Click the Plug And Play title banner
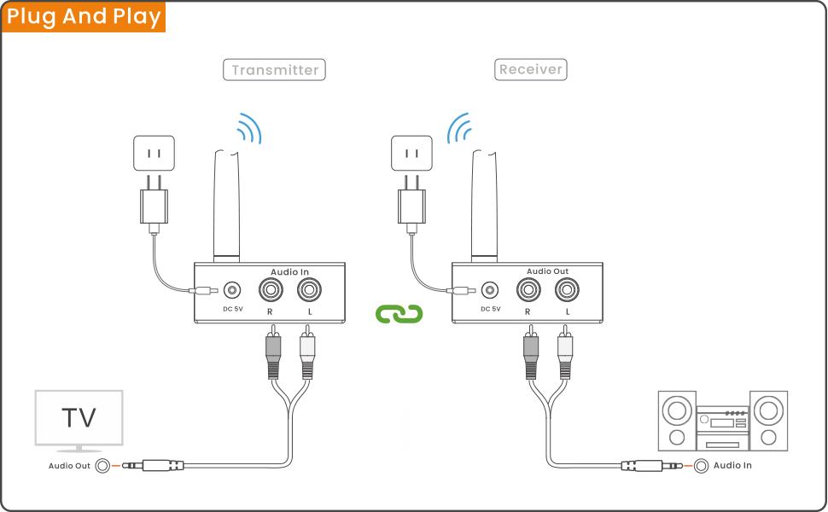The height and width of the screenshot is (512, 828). pos(83,17)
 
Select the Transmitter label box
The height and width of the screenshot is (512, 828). pos(275,70)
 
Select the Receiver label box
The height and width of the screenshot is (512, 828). pos(531,69)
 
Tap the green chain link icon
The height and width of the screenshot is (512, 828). pos(399,314)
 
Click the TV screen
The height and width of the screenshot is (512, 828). pos(79,418)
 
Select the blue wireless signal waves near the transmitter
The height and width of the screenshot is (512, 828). pos(248,128)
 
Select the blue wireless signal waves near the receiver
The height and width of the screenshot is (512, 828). pos(461,128)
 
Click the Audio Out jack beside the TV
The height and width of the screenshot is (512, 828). pos(103,466)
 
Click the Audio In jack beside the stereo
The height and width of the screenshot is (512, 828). pos(701,466)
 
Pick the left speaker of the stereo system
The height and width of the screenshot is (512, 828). pos(677,420)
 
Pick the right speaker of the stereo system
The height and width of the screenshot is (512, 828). pos(768,420)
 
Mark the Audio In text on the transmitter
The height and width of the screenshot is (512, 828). pos(290,271)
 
